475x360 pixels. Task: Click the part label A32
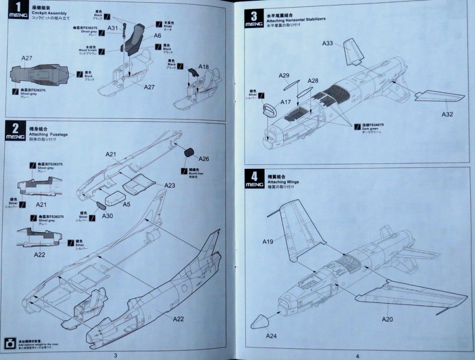tap(447, 114)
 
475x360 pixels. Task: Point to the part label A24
tap(271, 336)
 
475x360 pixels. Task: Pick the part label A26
tap(203, 159)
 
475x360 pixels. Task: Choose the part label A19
tap(268, 242)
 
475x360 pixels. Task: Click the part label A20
tap(388, 319)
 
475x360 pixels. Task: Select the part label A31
tap(113, 28)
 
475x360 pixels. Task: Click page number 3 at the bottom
tap(116, 355)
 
